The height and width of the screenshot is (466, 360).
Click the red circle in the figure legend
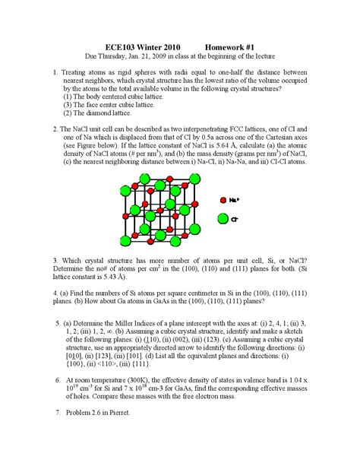[223, 199]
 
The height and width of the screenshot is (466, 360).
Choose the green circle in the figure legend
[223, 219]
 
